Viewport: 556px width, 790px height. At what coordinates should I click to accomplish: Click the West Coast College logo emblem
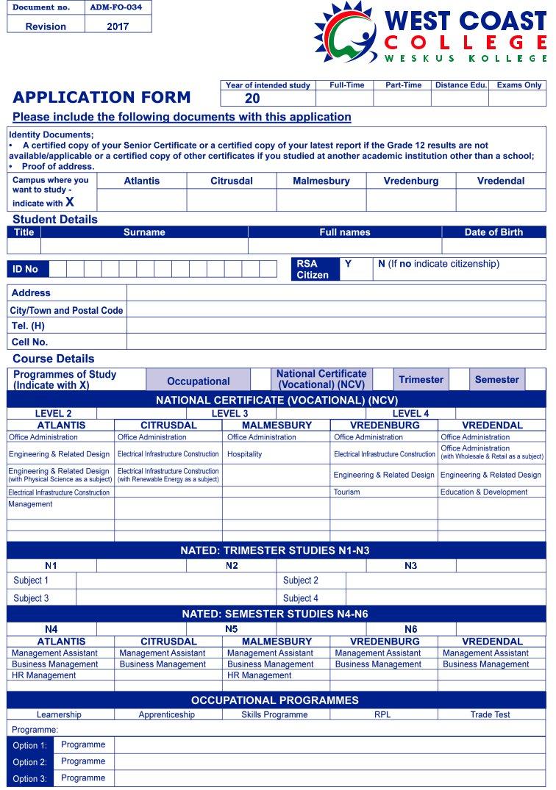[x=346, y=32]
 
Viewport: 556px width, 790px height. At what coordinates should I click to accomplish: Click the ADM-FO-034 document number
[x=118, y=8]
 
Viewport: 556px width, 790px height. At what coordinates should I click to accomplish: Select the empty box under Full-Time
[x=345, y=98]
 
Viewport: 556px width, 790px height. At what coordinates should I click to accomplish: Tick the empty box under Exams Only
[x=518, y=98]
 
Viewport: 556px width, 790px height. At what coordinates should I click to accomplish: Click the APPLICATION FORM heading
[x=101, y=97]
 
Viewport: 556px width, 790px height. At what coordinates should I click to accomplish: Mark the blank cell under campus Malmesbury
[x=321, y=200]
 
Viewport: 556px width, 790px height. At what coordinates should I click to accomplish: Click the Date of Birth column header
[x=493, y=232]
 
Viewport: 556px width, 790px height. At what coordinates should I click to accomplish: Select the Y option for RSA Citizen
[x=349, y=264]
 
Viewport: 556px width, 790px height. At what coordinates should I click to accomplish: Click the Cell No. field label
[x=29, y=342]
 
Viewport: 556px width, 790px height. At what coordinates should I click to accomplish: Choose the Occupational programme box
[x=198, y=381]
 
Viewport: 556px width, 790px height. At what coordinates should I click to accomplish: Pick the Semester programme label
[x=496, y=380]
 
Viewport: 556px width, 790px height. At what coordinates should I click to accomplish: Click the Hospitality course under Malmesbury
[x=245, y=454]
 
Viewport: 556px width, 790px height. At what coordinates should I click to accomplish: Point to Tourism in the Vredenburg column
[x=346, y=492]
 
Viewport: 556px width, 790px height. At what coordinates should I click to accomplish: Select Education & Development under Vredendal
[x=484, y=492]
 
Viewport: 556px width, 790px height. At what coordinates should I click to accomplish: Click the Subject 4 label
[x=301, y=598]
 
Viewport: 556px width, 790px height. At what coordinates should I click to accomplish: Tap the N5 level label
[x=232, y=629]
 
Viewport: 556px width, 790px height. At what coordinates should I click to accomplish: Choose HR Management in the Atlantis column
[x=43, y=675]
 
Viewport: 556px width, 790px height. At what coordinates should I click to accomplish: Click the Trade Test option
[x=491, y=714]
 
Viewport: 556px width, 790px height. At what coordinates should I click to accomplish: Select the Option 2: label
[x=29, y=762]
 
